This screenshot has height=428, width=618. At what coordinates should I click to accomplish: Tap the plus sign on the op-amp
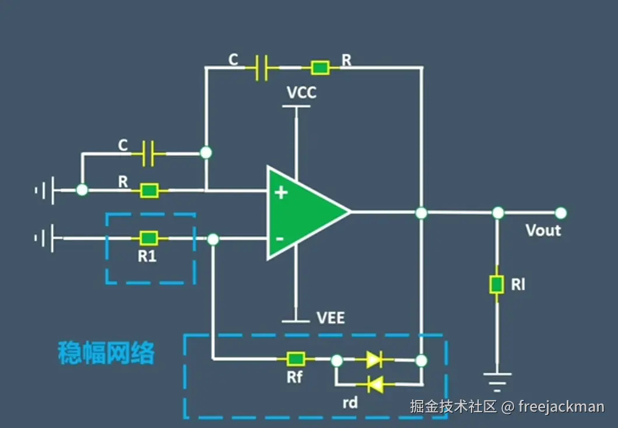click(x=282, y=192)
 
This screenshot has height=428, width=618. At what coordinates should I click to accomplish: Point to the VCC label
click(x=301, y=93)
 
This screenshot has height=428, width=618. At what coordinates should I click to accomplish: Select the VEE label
click(x=331, y=318)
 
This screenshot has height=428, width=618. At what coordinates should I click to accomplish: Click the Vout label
click(x=543, y=230)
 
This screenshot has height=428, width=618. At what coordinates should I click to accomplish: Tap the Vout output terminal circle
click(x=560, y=213)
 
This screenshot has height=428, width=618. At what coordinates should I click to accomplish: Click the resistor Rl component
click(x=496, y=285)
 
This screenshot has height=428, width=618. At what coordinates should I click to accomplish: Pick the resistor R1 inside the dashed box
click(x=149, y=238)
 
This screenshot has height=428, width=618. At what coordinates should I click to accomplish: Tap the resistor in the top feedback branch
click(x=319, y=68)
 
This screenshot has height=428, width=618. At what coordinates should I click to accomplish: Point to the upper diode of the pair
click(x=374, y=360)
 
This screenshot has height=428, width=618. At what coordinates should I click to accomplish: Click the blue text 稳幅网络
click(x=106, y=353)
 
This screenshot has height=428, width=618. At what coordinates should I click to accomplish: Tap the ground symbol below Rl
click(x=496, y=380)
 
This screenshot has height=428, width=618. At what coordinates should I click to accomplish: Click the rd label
click(x=350, y=402)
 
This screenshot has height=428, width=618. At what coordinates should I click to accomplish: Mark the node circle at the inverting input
click(x=213, y=238)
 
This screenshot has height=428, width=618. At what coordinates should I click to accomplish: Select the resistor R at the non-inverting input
click(x=149, y=190)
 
